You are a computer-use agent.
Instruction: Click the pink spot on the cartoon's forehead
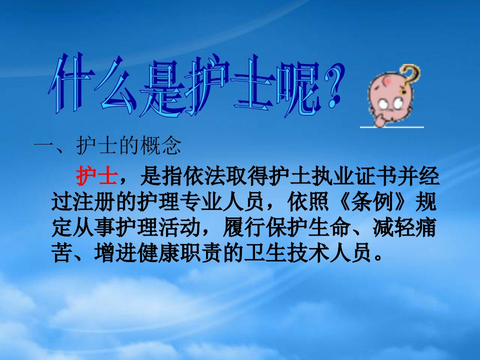(x=386, y=81)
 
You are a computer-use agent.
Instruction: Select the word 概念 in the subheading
(x=160, y=145)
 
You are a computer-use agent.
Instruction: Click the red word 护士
(x=96, y=176)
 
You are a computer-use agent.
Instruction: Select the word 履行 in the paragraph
(x=244, y=227)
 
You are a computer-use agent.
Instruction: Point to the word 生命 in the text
(x=329, y=227)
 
